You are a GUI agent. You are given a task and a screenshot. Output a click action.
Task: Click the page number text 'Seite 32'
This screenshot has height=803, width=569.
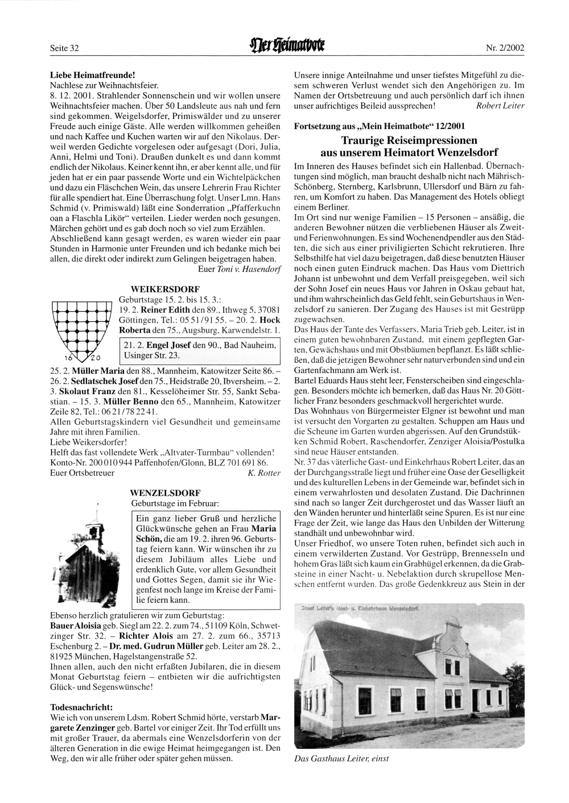point(64,48)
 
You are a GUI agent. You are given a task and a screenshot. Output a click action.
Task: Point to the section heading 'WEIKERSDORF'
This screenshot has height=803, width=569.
point(156,289)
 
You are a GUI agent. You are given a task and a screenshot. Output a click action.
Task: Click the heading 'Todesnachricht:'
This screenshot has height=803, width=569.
point(81,706)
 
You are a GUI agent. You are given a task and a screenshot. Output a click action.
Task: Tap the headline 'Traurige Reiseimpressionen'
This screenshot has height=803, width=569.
point(409,140)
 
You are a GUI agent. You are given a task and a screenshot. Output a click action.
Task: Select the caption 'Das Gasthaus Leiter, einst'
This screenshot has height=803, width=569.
point(341,758)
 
